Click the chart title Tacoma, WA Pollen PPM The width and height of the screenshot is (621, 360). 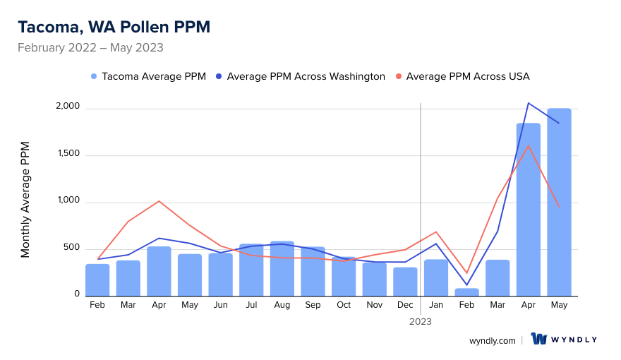(114, 27)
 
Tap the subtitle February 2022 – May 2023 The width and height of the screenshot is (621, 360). (90, 48)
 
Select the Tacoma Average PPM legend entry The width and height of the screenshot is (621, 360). (148, 76)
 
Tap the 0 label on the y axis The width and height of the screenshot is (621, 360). (78, 294)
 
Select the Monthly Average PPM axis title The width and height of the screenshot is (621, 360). (25, 200)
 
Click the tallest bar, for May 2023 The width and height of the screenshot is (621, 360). (559, 203)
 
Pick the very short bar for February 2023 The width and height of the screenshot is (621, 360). (466, 292)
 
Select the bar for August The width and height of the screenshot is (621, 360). (282, 269)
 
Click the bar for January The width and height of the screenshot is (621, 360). (435, 278)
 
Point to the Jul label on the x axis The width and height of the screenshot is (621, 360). (251, 305)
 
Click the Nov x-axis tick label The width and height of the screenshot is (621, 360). (374, 305)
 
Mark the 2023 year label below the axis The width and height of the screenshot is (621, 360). (421, 321)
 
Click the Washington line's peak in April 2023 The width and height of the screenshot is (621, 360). (529, 103)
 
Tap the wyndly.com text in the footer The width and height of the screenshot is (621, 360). (492, 340)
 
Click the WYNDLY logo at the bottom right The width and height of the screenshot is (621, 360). (564, 340)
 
